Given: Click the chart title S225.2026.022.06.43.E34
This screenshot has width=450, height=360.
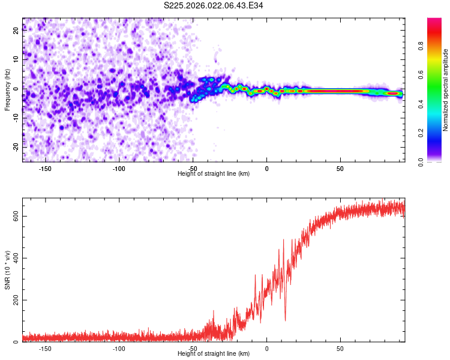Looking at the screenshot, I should tap(214, 5).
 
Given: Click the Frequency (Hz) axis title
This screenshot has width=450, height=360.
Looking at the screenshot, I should tap(7, 90).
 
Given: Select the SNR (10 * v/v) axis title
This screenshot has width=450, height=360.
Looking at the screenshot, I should tap(7, 270).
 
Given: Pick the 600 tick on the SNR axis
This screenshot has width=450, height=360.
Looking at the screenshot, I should tap(16, 216).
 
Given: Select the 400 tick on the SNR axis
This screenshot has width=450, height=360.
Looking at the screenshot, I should tap(16, 258).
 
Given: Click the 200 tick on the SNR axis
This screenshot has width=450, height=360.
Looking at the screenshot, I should tap(16, 300).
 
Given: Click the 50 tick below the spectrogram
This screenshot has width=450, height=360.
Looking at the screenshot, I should tap(340, 169).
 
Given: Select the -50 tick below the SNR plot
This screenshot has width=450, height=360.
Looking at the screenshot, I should tap(193, 349).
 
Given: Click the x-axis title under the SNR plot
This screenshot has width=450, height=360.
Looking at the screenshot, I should tap(214, 354).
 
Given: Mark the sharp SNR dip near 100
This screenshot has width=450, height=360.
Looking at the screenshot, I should tap(285, 320).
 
